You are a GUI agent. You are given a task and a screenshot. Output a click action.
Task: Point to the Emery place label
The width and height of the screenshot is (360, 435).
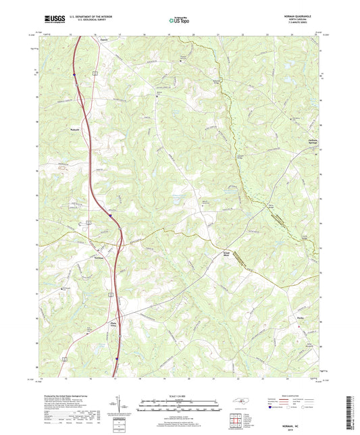[104, 40]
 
